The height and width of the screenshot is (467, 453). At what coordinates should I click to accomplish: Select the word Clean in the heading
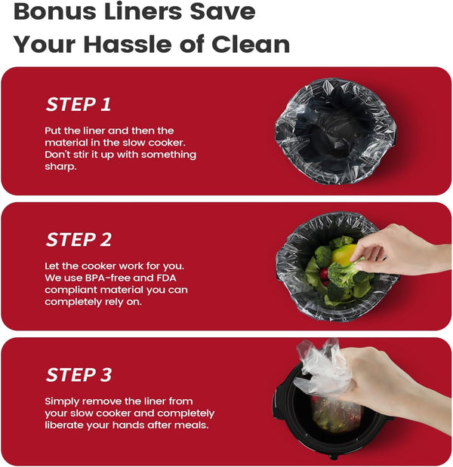coord(251,44)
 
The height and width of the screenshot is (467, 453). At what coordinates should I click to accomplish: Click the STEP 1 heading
coord(79,104)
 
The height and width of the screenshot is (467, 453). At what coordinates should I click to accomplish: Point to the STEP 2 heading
coord(79,239)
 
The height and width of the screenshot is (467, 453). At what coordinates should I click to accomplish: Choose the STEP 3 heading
coord(79,374)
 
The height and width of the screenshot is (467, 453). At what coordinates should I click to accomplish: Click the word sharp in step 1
coord(60,167)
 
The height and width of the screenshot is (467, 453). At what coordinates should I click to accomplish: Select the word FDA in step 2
coord(165,278)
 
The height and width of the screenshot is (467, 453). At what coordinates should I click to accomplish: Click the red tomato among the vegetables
coord(324,275)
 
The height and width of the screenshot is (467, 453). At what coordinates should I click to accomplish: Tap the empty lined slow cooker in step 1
coord(336,131)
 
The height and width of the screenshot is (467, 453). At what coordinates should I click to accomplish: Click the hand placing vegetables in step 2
coord(399,250)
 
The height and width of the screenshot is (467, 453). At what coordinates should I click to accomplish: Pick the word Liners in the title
coord(142,11)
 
